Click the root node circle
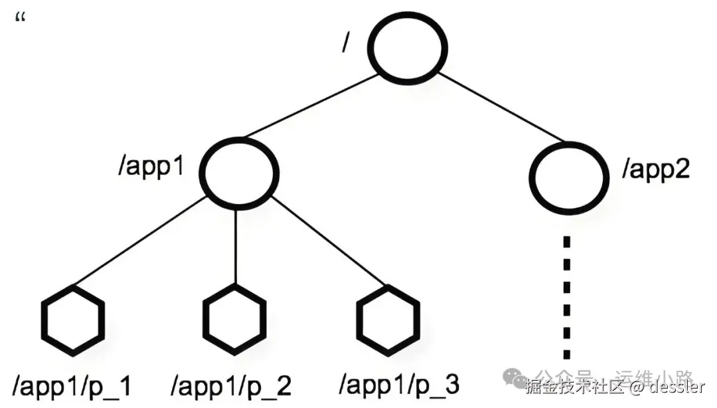coord(408,51)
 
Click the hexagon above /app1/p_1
coord(73,320)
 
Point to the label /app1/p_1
coord(72,386)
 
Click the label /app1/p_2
coord(232,386)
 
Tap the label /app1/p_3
coord(399,385)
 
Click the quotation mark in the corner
coord(19,19)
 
